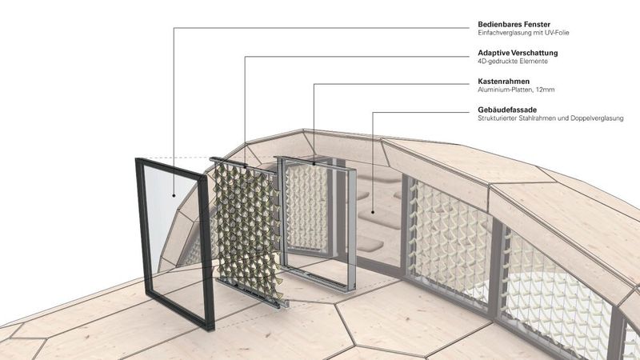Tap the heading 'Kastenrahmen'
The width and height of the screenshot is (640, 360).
(x=497, y=81)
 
